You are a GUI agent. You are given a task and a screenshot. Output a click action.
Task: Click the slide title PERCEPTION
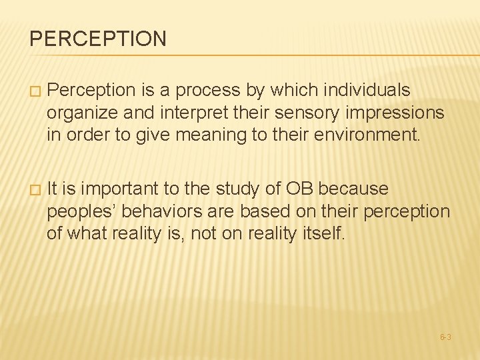point(98,39)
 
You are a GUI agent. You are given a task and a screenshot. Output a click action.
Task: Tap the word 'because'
point(353,189)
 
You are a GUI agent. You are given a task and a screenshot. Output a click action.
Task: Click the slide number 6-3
point(445,337)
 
